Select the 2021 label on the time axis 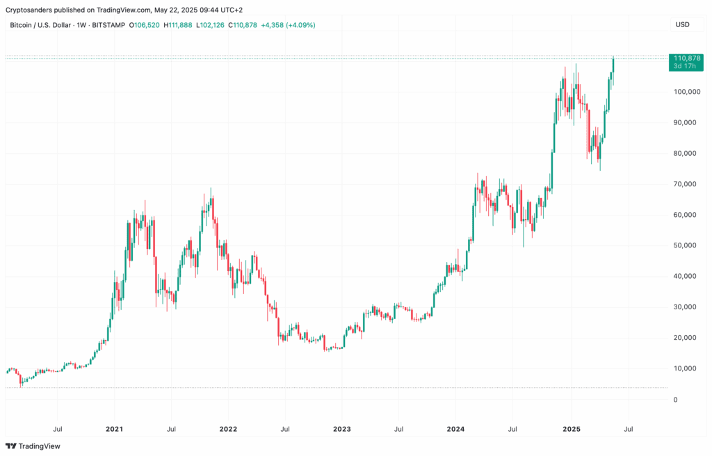click(114, 429)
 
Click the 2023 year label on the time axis click(341, 429)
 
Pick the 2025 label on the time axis click(570, 429)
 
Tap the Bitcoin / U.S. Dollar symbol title click(42, 25)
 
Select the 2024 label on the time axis click(455, 429)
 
